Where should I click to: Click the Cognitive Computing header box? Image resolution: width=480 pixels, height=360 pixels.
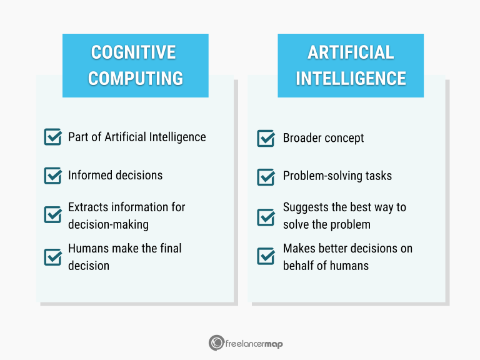pyautogui.click(x=135, y=65)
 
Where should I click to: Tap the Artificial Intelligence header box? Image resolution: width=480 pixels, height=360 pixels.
pyautogui.click(x=351, y=65)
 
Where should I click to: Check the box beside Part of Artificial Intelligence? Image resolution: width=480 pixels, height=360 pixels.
pyautogui.click(x=52, y=137)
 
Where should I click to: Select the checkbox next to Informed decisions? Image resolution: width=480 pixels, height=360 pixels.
pyautogui.click(x=52, y=176)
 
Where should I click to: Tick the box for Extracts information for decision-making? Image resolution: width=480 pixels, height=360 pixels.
pyautogui.click(x=52, y=215)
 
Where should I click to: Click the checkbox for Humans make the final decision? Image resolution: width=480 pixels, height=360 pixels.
pyautogui.click(x=52, y=257)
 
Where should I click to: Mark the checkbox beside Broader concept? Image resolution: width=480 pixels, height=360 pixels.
pyautogui.click(x=266, y=138)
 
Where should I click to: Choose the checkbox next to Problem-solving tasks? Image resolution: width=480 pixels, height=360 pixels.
pyautogui.click(x=266, y=176)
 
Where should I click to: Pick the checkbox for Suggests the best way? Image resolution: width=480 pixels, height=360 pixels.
pyautogui.click(x=266, y=216)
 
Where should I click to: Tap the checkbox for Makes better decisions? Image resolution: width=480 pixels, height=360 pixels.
pyautogui.click(x=266, y=256)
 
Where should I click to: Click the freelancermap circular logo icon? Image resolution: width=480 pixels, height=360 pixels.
pyautogui.click(x=216, y=342)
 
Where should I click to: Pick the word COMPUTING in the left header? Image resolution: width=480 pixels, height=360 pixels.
pyautogui.click(x=135, y=78)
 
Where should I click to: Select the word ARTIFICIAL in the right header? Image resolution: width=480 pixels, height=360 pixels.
pyautogui.click(x=351, y=52)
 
